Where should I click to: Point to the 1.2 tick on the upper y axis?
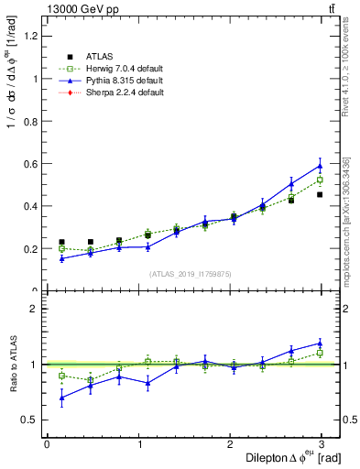click(32, 36)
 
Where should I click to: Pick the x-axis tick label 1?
click(138, 443)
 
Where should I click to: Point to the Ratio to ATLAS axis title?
click(13, 365)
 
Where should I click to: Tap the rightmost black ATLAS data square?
click(320, 194)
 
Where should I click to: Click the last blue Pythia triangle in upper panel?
click(320, 166)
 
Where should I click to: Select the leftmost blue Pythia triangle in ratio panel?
click(61, 398)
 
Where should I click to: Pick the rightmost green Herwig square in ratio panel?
click(320, 353)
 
